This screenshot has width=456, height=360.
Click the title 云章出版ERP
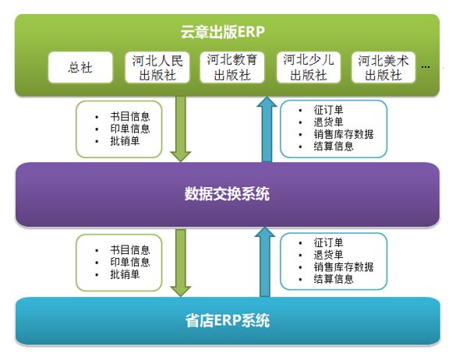click(222, 32)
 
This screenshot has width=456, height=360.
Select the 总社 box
click(80, 68)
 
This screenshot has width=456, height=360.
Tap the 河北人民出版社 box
click(157, 68)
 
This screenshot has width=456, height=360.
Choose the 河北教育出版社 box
click(232, 68)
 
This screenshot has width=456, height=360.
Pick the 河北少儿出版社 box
click(309, 68)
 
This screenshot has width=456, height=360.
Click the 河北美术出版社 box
click(384, 68)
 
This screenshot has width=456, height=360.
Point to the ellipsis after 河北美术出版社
click(426, 67)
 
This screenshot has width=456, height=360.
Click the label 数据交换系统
click(227, 194)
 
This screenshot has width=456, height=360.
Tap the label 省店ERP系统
click(228, 320)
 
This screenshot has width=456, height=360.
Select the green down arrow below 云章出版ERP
click(181, 129)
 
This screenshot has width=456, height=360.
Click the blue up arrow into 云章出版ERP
click(267, 129)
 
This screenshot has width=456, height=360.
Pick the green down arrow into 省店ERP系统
click(181, 263)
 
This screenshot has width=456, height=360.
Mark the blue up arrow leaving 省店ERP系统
click(265, 262)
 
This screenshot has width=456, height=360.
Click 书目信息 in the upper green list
click(130, 117)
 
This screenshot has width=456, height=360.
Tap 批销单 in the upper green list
click(125, 141)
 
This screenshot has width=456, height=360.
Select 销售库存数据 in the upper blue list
click(344, 134)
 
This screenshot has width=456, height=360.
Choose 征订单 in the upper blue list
click(328, 110)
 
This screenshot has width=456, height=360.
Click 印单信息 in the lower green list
click(130, 262)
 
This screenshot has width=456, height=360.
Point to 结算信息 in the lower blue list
click(334, 279)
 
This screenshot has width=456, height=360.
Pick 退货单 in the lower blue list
click(328, 255)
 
